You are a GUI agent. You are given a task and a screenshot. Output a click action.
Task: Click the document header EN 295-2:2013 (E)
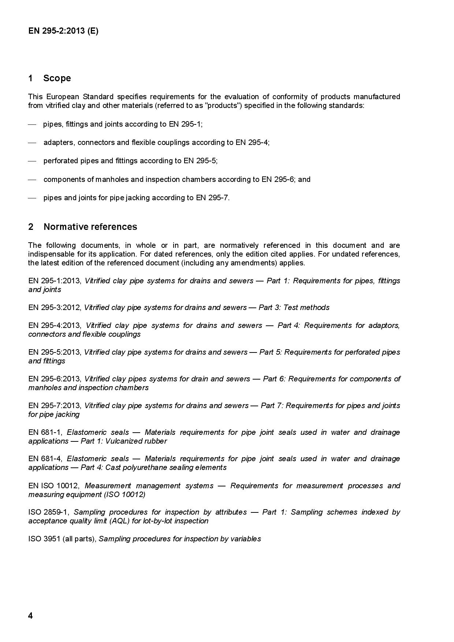[x=63, y=31]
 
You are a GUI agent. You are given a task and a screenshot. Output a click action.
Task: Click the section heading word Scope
[x=57, y=78]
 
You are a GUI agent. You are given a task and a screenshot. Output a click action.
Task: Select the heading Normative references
[x=90, y=227]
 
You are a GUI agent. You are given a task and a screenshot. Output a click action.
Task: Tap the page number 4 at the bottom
[x=30, y=616]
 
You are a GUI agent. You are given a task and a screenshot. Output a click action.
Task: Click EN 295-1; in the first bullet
[x=186, y=124]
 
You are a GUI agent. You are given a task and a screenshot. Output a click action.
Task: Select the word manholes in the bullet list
[x=111, y=179]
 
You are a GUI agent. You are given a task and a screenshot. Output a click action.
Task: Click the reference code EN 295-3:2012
[x=54, y=307]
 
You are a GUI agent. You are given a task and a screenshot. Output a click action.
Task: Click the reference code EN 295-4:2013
[x=55, y=325]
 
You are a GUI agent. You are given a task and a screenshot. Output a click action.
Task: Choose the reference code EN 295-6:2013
[x=55, y=379]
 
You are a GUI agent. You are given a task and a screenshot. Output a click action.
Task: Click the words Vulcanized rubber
[x=136, y=441]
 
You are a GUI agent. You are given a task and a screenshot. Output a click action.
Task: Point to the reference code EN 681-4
[x=45, y=459]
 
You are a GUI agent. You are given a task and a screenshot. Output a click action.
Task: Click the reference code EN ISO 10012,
[x=54, y=486]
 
